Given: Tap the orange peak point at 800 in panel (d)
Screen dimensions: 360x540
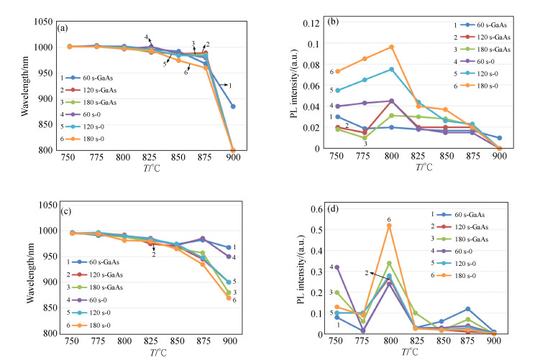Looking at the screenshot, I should (x=389, y=226).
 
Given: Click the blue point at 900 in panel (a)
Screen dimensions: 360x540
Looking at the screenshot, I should (x=232, y=106).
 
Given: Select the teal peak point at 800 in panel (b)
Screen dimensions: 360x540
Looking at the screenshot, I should (x=391, y=69).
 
